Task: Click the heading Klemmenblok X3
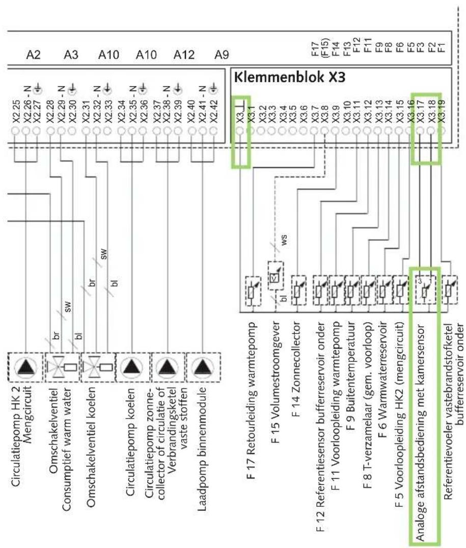[x=289, y=77]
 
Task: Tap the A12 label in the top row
[x=184, y=55]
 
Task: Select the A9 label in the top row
[x=222, y=55]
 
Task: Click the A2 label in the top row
[x=33, y=55]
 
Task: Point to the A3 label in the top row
[x=71, y=55]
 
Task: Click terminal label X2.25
[x=16, y=112]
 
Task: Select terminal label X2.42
[x=214, y=112]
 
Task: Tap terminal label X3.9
[x=336, y=114]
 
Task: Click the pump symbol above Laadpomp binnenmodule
[x=203, y=367]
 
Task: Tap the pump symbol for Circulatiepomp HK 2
[x=26, y=367]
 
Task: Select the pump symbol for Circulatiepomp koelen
[x=132, y=367]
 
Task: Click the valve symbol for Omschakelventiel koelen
[x=98, y=367]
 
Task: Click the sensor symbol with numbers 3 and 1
[x=425, y=290]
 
